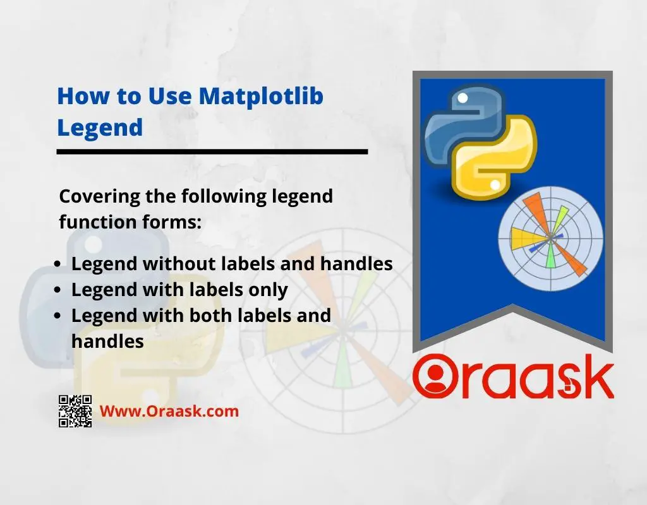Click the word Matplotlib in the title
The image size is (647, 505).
pyautogui.click(x=261, y=96)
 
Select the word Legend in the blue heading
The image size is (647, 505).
pyautogui.click(x=100, y=127)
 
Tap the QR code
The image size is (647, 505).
pyautogui.click(x=75, y=411)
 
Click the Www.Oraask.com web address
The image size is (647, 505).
pyautogui.click(x=169, y=411)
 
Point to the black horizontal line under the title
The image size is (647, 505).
pyautogui.click(x=212, y=151)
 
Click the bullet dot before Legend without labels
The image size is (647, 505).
pyautogui.click(x=57, y=264)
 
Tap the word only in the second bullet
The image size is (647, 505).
pyautogui.click(x=268, y=290)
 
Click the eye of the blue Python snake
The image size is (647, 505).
pyautogui.click(x=463, y=98)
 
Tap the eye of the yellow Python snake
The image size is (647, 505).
pyautogui.click(x=495, y=186)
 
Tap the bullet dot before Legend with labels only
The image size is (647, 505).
pyautogui.click(x=57, y=290)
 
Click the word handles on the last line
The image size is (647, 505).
pyautogui.click(x=107, y=342)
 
